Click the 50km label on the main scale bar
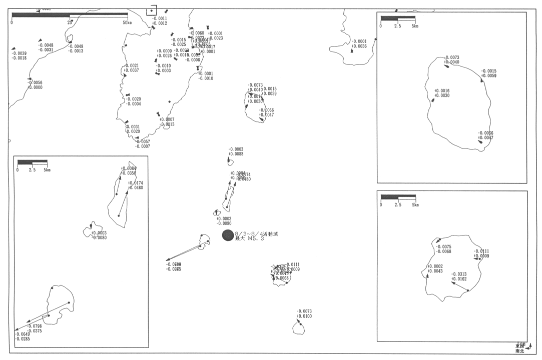(x=127, y=22)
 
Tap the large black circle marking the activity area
(x=228, y=235)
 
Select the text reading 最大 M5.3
(x=249, y=239)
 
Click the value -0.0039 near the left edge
(x=19, y=53)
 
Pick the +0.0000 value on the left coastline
(x=35, y=87)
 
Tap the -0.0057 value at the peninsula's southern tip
(x=143, y=141)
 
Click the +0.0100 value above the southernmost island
(x=304, y=316)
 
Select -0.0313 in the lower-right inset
(x=459, y=274)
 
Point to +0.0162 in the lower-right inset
(x=459, y=279)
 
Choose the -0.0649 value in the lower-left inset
(x=22, y=334)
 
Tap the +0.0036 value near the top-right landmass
(x=359, y=46)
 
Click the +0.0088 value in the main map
(x=236, y=154)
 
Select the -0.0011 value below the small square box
(x=160, y=18)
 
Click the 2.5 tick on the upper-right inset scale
(x=397, y=26)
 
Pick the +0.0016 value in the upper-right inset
(x=442, y=91)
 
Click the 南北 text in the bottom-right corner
(x=519, y=351)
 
